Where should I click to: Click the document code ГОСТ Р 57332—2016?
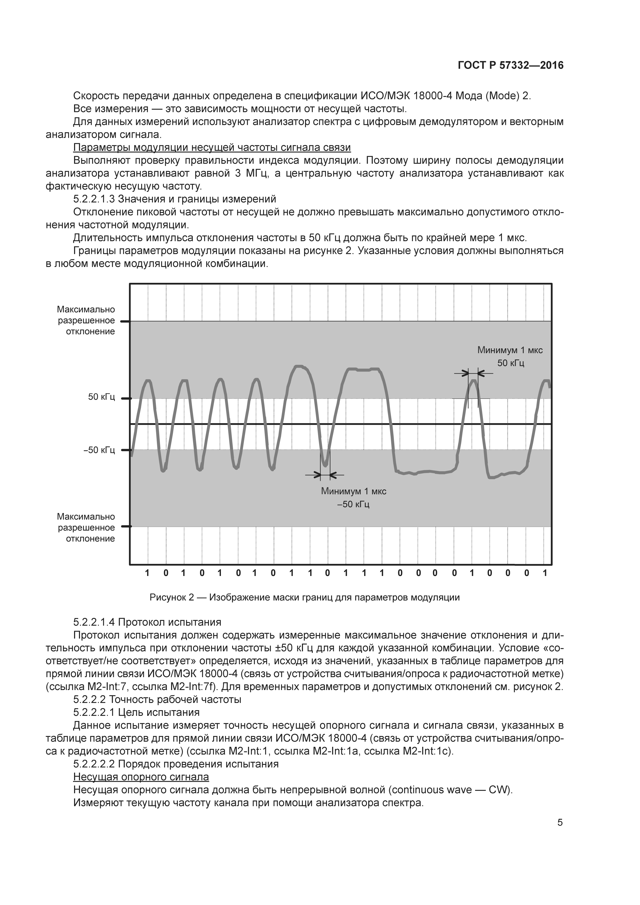click(x=510, y=66)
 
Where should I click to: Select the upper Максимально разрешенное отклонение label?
click(x=86, y=321)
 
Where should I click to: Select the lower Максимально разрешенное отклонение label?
click(x=86, y=528)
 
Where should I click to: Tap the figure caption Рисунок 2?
click(x=304, y=597)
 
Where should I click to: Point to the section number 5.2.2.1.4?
click(x=93, y=622)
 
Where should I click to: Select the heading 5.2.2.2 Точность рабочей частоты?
click(x=157, y=700)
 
